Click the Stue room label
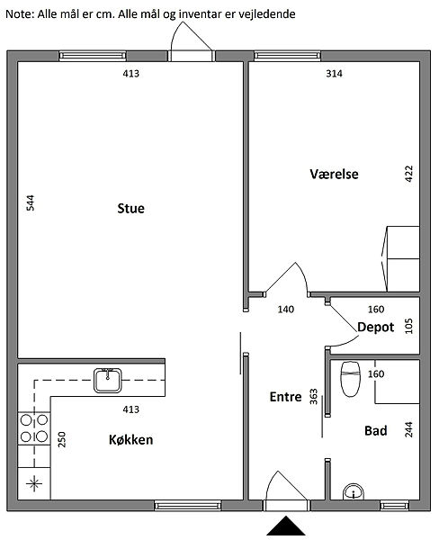130,209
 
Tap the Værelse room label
334,174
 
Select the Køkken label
130,440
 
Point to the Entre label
285,397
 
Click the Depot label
376,328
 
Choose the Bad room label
376,430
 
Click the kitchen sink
108,381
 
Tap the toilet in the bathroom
350,379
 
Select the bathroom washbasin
354,491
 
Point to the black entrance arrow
286,526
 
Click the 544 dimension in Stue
31,202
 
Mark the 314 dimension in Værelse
334,74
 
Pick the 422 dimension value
408,174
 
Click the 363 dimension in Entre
313,396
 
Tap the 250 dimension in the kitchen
62,439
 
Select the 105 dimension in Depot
408,326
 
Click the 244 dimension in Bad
408,429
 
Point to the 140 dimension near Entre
286,310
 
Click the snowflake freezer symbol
34,483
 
